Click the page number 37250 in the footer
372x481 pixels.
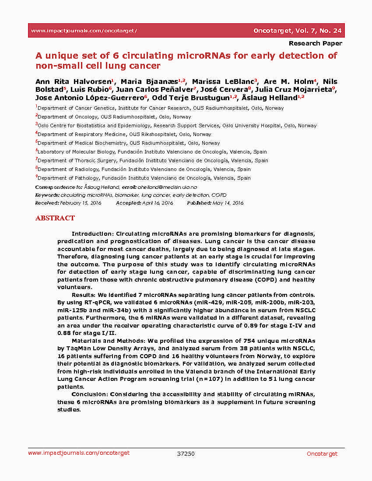pos(186,453)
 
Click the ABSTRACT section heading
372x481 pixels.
pos(55,218)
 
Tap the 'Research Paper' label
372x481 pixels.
pos(315,43)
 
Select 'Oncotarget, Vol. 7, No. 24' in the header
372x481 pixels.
pos(298,31)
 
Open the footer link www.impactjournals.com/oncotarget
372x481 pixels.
pos(79,453)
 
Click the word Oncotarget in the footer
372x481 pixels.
pos(322,453)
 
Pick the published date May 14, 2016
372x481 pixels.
pos(228,203)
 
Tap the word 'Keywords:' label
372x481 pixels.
pos(47,195)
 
